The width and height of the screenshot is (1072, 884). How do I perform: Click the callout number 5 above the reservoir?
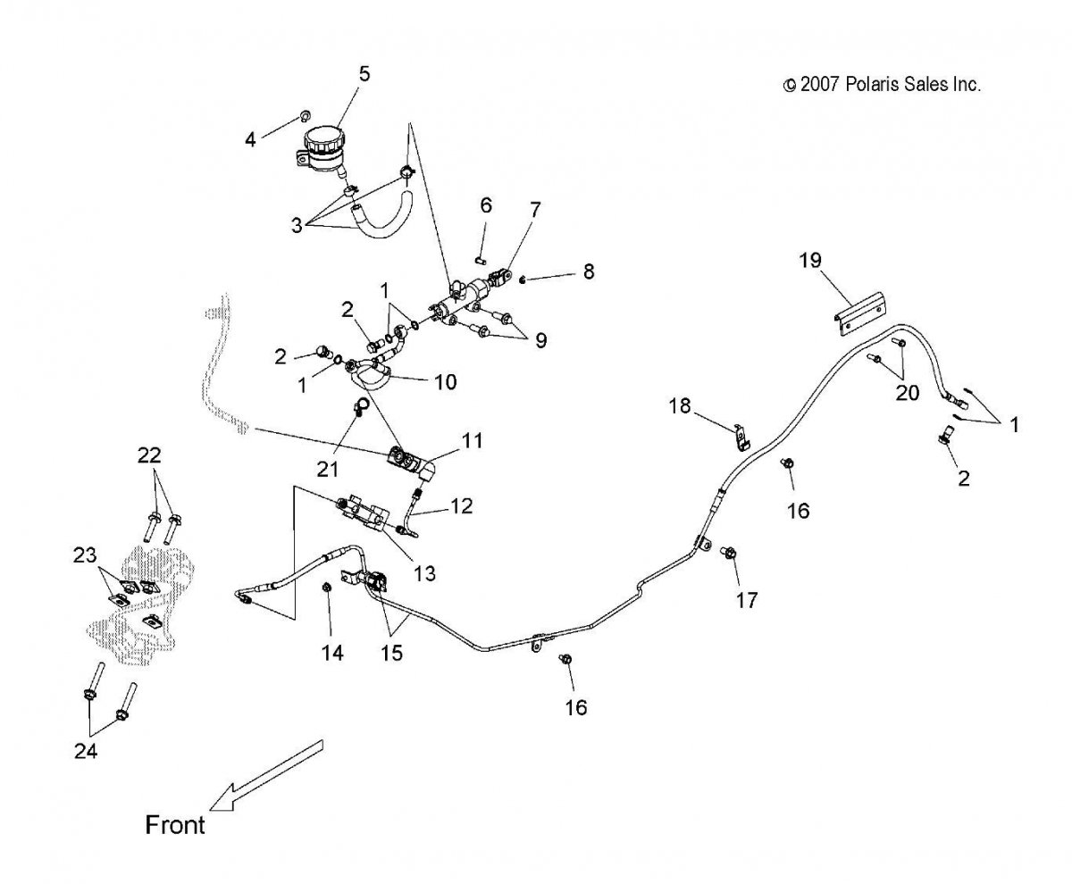coord(364,74)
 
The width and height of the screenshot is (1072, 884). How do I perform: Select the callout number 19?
coord(810,261)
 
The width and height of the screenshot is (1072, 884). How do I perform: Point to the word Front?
coord(175,824)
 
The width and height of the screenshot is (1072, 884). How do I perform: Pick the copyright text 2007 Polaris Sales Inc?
coord(882,85)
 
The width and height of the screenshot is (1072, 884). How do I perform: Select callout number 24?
coord(85,751)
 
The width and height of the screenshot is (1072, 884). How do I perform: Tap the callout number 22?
coord(149,455)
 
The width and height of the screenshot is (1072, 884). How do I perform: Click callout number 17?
coord(747,600)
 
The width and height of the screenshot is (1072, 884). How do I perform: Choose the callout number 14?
coord(332,653)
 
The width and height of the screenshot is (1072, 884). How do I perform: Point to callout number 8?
coord(588,271)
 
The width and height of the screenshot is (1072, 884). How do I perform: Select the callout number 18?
coord(680,406)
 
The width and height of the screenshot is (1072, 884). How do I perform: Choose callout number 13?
coord(424,572)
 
